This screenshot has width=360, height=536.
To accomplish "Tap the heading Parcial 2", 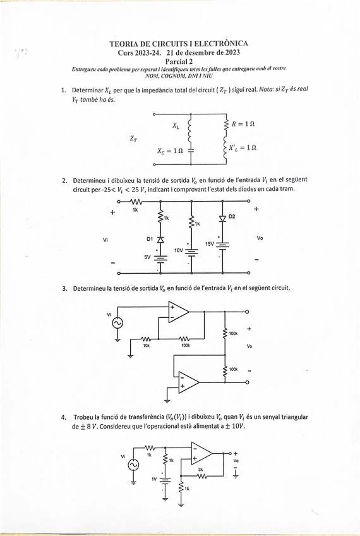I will coord(179,61).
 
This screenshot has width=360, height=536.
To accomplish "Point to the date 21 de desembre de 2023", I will coord(202,52).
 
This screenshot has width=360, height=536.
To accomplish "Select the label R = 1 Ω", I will coord(243,125).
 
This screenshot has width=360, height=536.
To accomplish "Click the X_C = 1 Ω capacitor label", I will coord(170,151).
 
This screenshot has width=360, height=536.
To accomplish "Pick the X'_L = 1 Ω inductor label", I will coord(243,147).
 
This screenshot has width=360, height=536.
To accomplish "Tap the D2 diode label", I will coord(232,217).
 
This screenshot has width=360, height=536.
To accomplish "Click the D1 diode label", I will coord(150,239).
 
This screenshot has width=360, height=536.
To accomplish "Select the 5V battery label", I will coord(148,257).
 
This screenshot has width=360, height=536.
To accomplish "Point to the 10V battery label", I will coord(179,251).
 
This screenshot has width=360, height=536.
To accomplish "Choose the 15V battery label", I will coord(210,243).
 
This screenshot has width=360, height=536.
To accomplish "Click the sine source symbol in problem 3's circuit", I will coord(117,324).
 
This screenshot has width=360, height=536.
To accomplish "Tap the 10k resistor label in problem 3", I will coord(147,346).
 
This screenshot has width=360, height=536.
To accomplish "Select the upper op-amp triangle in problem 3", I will coord(179,311).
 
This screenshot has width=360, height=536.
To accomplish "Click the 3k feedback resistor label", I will coord(201,469).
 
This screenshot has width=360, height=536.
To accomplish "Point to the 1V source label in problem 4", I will coord(153,479).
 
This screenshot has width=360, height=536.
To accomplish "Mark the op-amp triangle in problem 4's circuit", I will coord(202,454).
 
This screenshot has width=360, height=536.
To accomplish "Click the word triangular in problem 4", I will coord(288,417).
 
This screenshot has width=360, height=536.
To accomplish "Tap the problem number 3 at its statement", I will coord(64,288).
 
